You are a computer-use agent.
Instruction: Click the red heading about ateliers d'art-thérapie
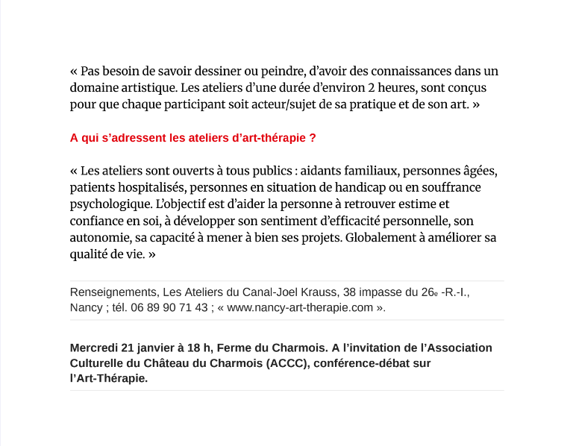click(x=192, y=139)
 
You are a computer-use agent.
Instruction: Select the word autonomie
click(x=98, y=238)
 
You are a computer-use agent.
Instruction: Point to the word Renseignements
click(x=111, y=292)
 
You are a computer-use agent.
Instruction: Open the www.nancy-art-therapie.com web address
click(x=300, y=307)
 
